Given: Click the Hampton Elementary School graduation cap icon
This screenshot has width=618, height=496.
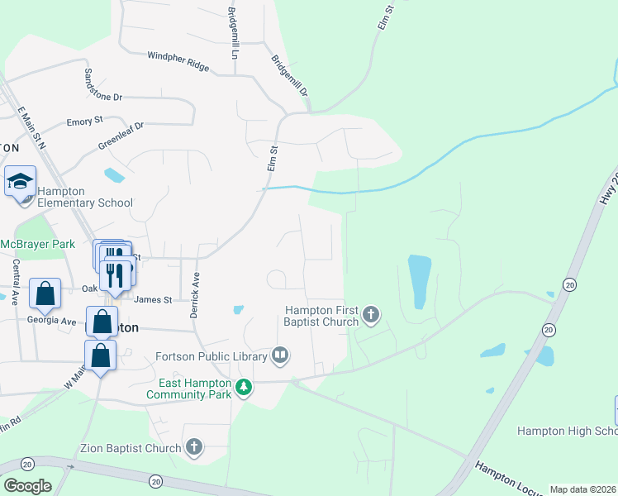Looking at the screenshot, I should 20,181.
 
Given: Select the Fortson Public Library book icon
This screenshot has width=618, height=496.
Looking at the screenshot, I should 281,356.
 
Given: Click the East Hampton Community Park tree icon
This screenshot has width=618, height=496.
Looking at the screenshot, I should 243,386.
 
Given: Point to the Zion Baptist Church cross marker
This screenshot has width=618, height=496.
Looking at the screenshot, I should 193,448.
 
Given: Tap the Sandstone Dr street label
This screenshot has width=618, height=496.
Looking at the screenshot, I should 102,83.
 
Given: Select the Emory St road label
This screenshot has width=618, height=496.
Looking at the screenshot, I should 84,122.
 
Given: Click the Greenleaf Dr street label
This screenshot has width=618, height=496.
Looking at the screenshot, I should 121,136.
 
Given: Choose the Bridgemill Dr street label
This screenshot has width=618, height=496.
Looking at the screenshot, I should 289,75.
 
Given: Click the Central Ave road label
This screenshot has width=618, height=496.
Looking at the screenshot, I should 15,282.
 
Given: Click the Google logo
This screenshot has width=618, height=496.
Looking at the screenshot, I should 26,486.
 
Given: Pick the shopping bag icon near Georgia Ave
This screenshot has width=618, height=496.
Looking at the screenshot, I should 45,293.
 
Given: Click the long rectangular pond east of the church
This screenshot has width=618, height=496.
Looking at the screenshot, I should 419,282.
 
